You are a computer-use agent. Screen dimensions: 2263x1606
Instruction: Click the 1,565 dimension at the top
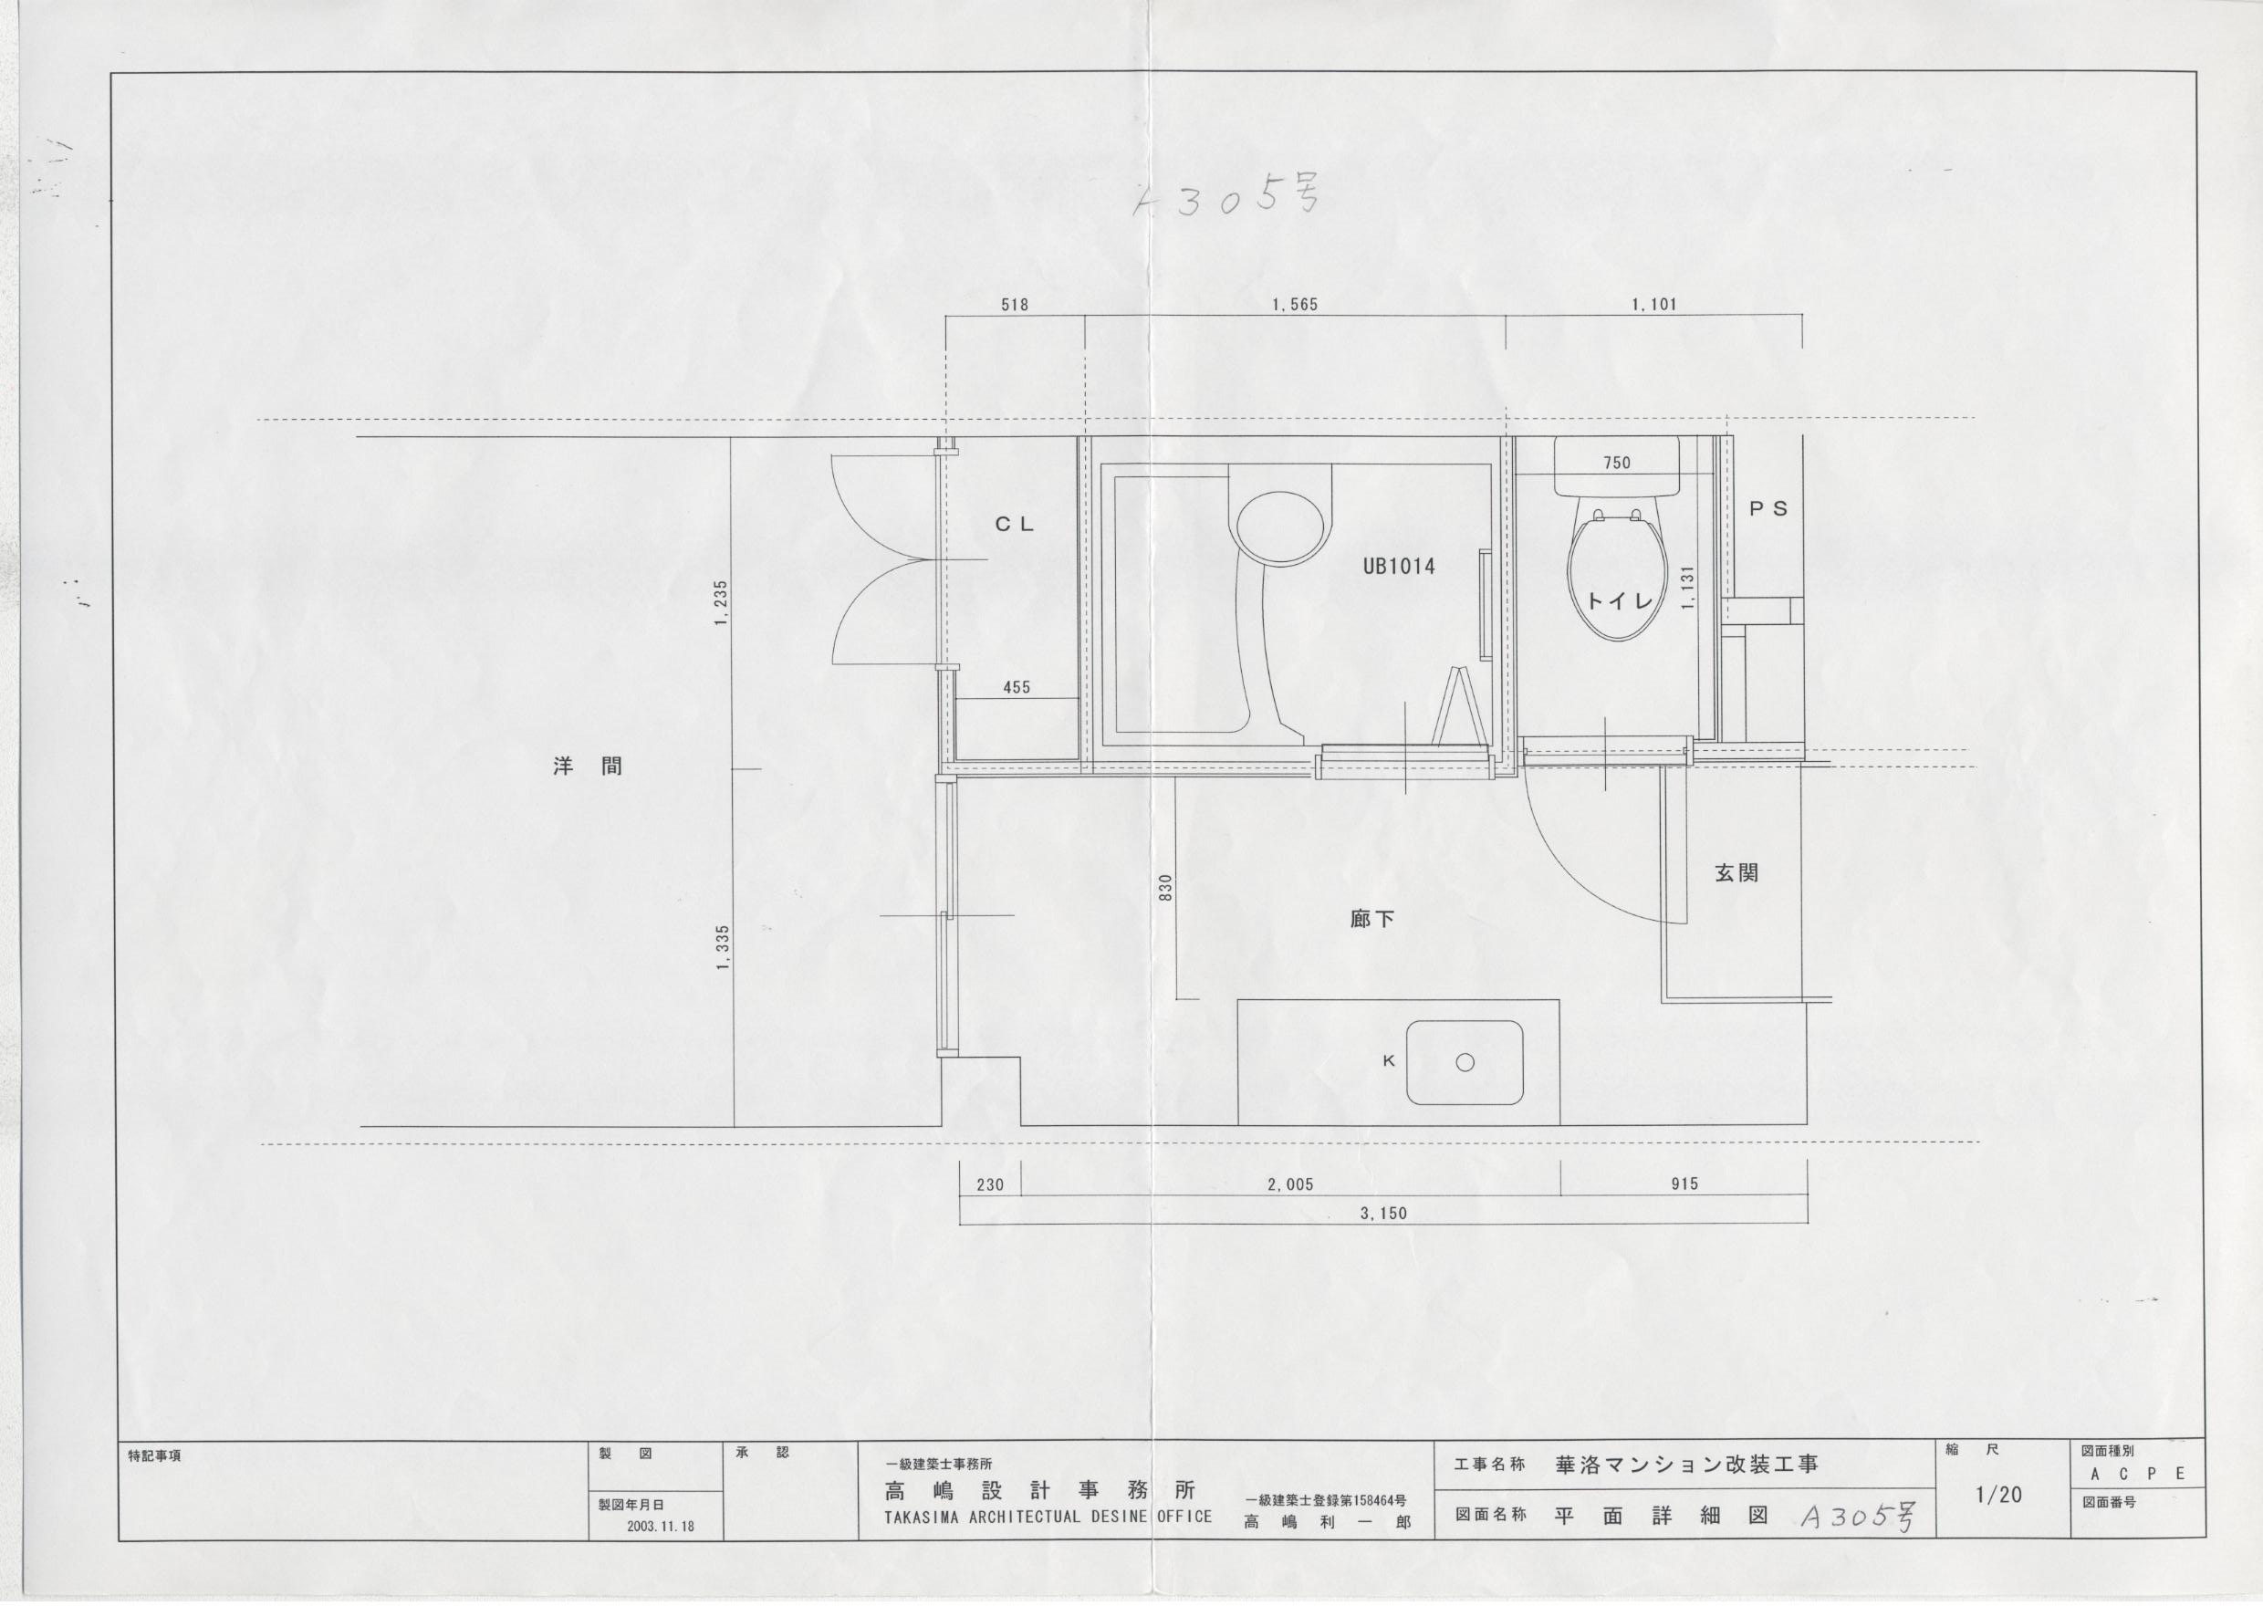coord(1294,305)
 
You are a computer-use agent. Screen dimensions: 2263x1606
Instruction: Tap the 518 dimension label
coord(1015,305)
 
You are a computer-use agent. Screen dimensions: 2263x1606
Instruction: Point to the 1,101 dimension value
coord(1653,305)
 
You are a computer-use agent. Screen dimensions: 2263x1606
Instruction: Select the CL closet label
coord(1015,525)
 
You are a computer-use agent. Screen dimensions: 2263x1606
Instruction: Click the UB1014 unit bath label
coord(1398,567)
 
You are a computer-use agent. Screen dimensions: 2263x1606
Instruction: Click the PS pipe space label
coord(1768,509)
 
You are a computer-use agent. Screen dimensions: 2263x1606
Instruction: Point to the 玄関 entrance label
coord(1736,873)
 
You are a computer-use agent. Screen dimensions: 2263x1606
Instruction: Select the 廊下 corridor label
coord(1372,920)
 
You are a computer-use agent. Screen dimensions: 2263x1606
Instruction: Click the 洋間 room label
coord(588,766)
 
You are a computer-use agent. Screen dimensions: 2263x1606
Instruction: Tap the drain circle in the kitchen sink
coord(1465,1062)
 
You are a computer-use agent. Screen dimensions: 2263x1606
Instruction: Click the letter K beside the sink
coord(1388,1061)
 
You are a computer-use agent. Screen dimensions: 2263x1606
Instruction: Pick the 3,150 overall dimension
coord(1383,1214)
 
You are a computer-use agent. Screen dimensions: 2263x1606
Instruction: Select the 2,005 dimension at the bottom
coord(1290,1184)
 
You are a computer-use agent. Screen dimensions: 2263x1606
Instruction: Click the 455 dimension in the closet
coord(1017,687)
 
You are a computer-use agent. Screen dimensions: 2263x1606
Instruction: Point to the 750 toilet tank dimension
coord(1616,463)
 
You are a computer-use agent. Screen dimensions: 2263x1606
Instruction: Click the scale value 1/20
coord(1998,1496)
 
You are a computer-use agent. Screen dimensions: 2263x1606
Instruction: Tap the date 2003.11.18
coord(661,1526)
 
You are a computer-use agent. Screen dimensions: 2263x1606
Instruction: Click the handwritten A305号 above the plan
coord(1225,198)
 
